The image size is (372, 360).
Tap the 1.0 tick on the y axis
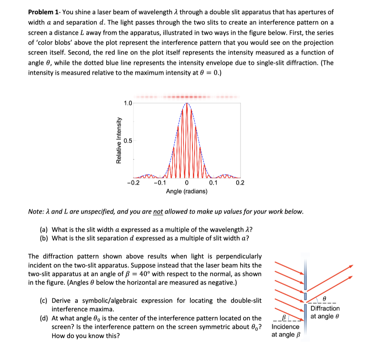pos(128,103)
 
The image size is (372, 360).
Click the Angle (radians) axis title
pos(186,190)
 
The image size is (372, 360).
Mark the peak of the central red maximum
pos(187,103)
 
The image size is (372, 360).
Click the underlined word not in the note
pos(158,211)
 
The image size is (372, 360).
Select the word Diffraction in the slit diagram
pos(325,308)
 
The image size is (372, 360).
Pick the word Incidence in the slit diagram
pos(286,327)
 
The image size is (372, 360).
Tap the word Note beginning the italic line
pos(36,211)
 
